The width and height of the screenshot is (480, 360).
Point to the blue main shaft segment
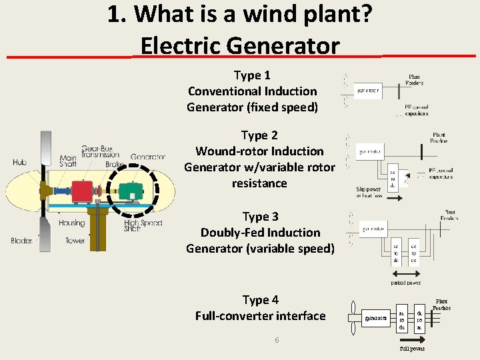point(59,195)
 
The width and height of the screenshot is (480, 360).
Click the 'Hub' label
point(19,162)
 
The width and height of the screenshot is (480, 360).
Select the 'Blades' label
point(21,241)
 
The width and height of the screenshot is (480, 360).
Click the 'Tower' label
point(75,241)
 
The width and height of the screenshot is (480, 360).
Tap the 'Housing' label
point(71,223)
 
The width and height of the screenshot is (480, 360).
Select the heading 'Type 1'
point(252,75)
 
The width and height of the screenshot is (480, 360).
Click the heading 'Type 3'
point(260,217)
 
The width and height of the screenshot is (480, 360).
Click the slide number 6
point(277,341)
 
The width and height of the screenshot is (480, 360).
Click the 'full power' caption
point(412,348)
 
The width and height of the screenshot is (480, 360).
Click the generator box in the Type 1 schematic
point(368,89)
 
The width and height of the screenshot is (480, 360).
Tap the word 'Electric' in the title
point(181,46)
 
